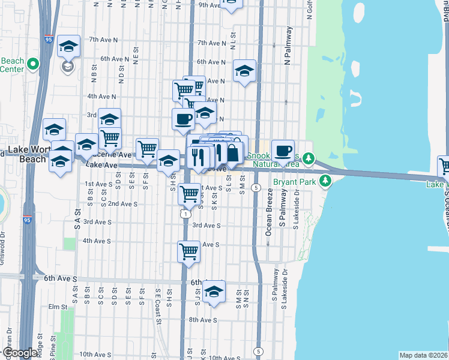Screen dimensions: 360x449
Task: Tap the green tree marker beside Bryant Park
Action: pyautogui.click(x=325, y=179)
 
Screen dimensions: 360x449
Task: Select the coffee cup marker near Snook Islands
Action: pyautogui.click(x=283, y=151)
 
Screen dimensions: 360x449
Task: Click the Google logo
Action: pyautogui.click(x=20, y=353)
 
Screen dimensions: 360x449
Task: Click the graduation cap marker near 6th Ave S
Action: pyautogui.click(x=214, y=292)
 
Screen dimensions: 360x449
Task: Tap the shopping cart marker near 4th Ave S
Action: pyautogui.click(x=189, y=251)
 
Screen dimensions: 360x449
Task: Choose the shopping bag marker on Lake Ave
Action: pyautogui.click(x=233, y=154)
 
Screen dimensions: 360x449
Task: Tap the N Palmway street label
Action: pyautogui.click(x=288, y=46)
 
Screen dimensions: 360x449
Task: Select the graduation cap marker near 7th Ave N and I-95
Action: pyautogui.click(x=68, y=46)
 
